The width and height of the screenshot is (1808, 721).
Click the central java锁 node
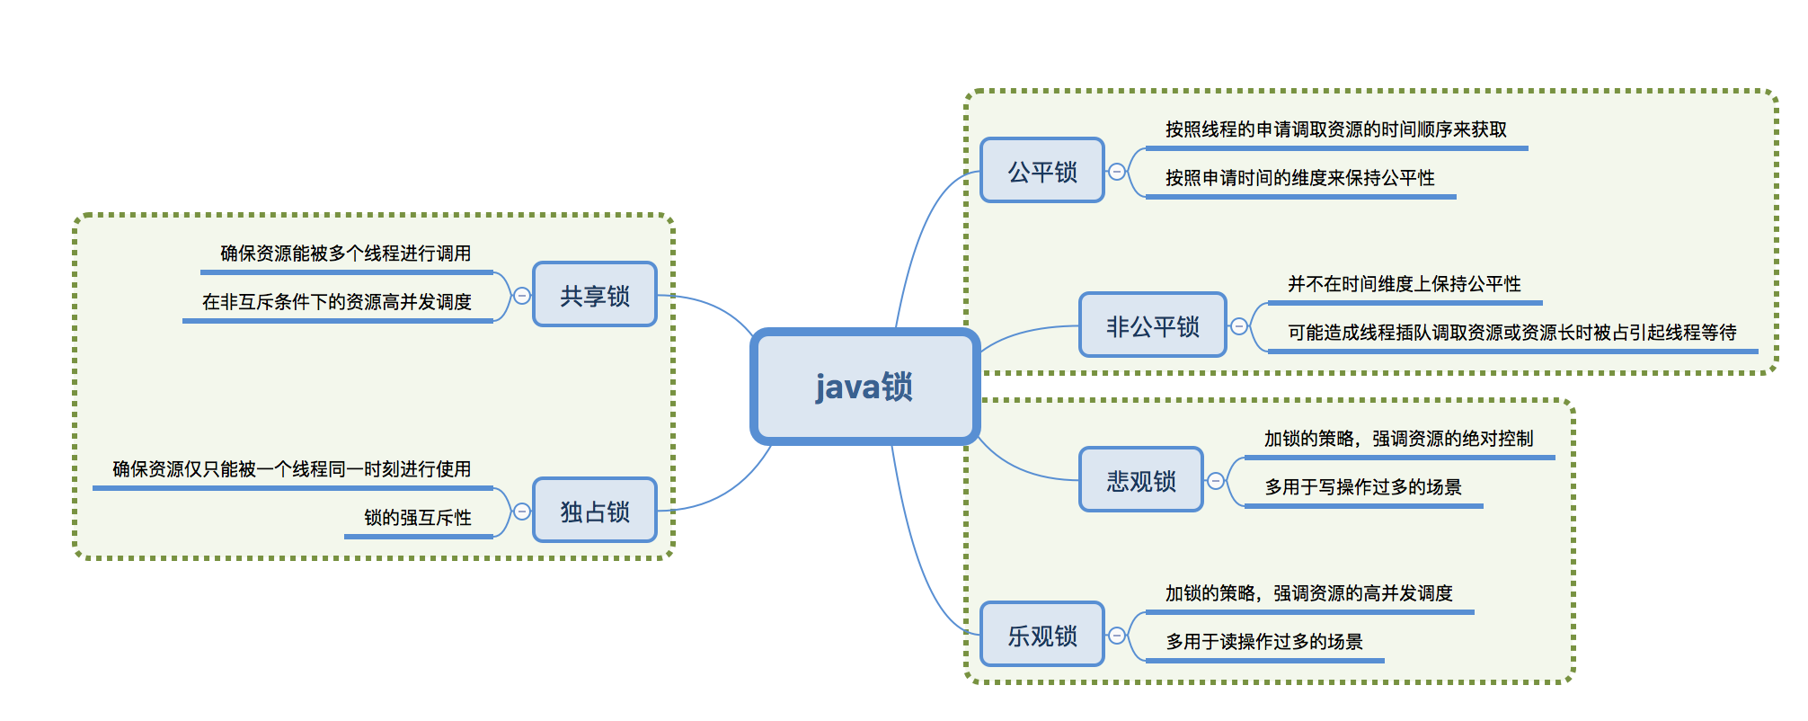[x=864, y=387]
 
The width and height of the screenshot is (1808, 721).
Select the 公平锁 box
[x=1041, y=171]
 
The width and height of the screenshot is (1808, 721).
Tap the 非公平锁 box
[x=1152, y=325]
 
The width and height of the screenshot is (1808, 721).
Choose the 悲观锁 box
[x=1140, y=480]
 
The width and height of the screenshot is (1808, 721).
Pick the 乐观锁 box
[x=1041, y=635]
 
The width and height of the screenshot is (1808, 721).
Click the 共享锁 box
[x=594, y=295]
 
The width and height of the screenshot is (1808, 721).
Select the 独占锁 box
[x=594, y=511]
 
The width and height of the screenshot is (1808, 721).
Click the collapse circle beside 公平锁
[x=1116, y=171]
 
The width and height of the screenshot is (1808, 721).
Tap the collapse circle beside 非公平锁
[x=1238, y=325]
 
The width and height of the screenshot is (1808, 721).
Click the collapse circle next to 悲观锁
[x=1215, y=480]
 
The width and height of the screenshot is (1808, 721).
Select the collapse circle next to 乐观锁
[x=1116, y=635]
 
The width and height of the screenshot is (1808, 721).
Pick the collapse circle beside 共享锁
[x=521, y=295]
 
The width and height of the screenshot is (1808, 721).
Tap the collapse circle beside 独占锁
[x=521, y=511]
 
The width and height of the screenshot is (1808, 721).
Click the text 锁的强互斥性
[x=417, y=518]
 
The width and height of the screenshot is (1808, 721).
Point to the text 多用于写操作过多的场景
[x=1362, y=487]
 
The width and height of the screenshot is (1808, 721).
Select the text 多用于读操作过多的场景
[x=1263, y=642]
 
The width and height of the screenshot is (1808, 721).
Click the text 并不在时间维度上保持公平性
[x=1404, y=284]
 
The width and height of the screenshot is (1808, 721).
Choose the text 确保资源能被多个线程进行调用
[x=345, y=254]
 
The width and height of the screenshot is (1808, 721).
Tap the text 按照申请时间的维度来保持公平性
[x=1299, y=178]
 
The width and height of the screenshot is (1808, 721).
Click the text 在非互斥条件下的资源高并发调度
[x=336, y=302]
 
